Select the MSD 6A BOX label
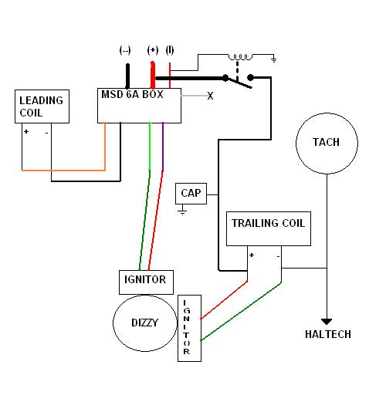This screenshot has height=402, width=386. coord(132,94)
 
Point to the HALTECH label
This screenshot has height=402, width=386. coord(328,334)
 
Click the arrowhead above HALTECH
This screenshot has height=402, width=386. coord(327,322)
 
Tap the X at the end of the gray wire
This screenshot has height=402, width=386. coord(210,96)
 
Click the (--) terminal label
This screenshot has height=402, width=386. coord(125,50)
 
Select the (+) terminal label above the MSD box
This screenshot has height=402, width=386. coord(153,50)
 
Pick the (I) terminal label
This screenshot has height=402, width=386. coord(170,50)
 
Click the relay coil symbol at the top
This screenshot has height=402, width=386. coord(240,57)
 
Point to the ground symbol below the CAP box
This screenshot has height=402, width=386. coord(182,211)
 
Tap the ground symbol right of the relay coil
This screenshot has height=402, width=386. coord(274,59)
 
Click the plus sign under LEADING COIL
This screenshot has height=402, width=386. coord(26,131)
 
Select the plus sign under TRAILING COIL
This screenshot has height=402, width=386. coord(252,255)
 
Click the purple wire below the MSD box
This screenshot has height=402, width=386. coord(163,147)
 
